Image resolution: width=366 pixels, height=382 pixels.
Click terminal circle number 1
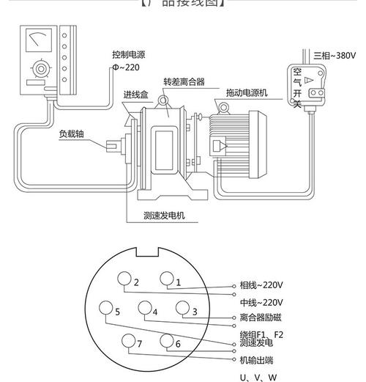pos(167,278)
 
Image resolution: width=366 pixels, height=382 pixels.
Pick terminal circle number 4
pos(145,308)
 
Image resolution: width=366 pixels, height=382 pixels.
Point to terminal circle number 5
pos(107,308)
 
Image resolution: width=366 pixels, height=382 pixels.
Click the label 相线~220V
pos(261,285)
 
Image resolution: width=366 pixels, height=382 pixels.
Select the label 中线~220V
pos(261,302)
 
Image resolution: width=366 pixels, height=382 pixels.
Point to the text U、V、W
pos(258,378)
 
